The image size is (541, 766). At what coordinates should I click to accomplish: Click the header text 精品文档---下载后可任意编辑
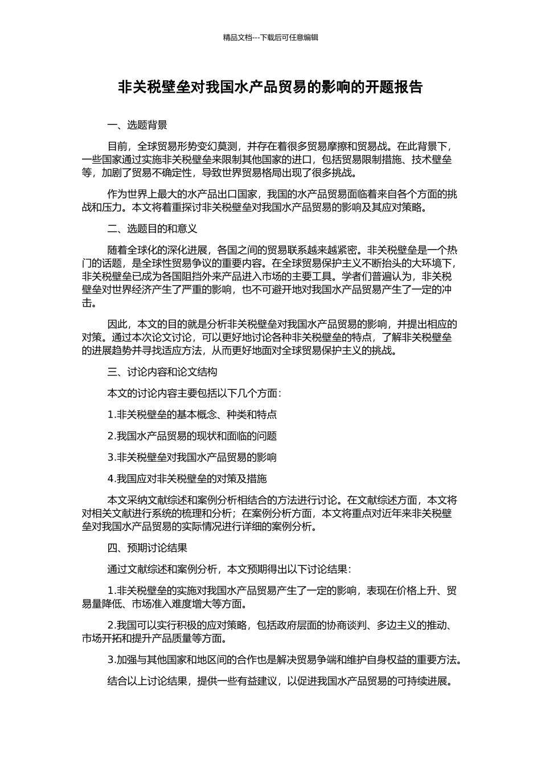click(x=270, y=38)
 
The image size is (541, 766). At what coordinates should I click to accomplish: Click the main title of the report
click(x=270, y=87)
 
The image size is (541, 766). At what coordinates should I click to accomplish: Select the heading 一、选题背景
click(x=137, y=125)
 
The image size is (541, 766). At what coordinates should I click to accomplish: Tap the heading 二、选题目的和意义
click(x=152, y=229)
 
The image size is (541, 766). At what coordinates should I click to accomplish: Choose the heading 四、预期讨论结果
click(x=147, y=548)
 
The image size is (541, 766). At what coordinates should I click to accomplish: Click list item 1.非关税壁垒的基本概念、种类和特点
click(x=192, y=415)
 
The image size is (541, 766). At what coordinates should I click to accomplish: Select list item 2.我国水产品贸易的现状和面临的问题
click(x=192, y=437)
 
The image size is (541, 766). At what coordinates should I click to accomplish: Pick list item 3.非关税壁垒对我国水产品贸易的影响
click(x=192, y=458)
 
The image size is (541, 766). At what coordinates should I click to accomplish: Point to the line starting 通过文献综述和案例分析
click(x=229, y=569)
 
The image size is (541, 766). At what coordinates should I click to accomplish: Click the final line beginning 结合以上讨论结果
click(x=280, y=681)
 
